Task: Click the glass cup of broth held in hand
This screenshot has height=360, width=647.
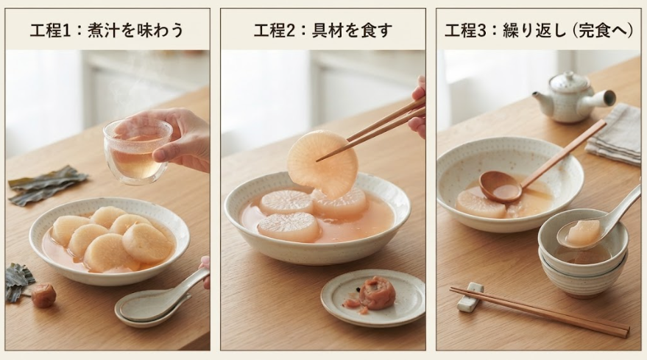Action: tap(137, 152)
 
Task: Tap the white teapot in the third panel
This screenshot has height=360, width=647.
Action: tap(572, 98)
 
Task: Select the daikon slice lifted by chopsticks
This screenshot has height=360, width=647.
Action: tap(322, 163)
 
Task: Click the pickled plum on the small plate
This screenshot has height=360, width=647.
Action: tap(375, 293)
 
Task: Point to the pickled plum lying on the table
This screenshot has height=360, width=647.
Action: tap(43, 295)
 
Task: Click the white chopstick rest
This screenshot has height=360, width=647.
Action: tap(470, 297)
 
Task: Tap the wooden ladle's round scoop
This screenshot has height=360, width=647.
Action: tap(501, 187)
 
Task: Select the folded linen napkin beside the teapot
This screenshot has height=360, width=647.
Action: tap(615, 133)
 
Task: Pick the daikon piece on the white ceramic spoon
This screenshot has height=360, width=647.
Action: tap(584, 232)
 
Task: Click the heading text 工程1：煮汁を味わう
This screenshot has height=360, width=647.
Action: tap(107, 31)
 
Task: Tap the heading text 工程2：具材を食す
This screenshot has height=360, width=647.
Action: tap(322, 31)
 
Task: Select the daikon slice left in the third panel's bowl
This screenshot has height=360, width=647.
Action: tap(481, 204)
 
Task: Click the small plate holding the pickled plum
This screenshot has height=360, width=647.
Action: tap(373, 297)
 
